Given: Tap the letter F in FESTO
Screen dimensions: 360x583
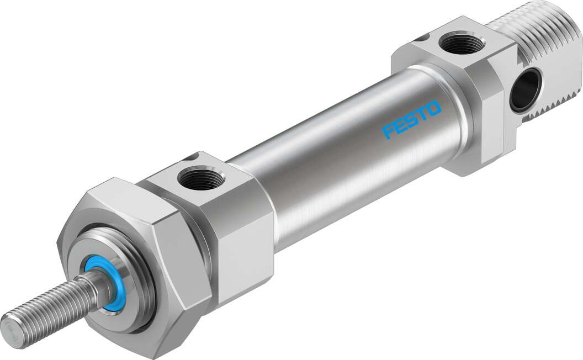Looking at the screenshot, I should click(x=389, y=131).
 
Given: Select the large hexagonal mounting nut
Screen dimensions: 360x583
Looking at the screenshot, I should click(x=132, y=260).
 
